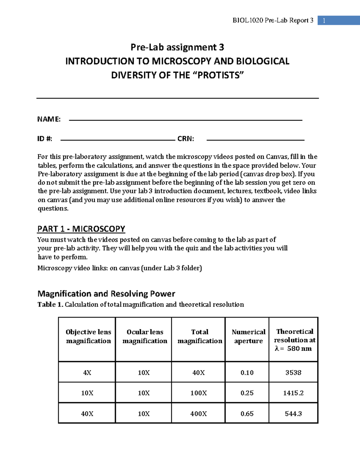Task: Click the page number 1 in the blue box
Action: click(324, 21)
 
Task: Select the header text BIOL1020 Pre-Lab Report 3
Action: click(273, 20)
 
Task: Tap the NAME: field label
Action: click(49, 119)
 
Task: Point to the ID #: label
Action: click(45, 139)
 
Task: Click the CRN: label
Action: click(186, 139)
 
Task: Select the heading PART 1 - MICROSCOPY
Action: click(81, 229)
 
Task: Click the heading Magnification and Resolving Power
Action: click(106, 293)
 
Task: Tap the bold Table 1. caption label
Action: click(50, 305)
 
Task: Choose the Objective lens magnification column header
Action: click(88, 336)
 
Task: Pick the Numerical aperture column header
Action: click(248, 336)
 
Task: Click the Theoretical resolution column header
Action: click(295, 340)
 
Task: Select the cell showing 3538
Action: click(293, 372)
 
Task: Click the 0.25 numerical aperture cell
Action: click(247, 393)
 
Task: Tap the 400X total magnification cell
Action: click(198, 413)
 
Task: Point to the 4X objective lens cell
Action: click(87, 372)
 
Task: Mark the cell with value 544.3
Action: click(293, 413)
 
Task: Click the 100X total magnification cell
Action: click(198, 393)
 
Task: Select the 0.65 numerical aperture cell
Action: click(247, 413)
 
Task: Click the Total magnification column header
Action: click(200, 336)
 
